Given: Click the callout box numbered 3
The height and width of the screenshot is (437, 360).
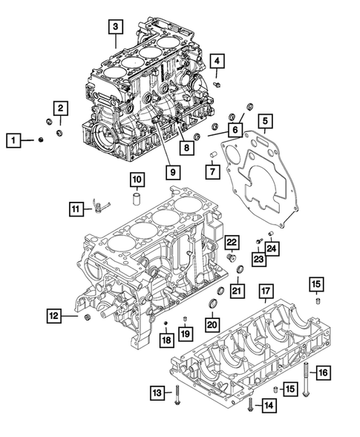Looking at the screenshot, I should (x=114, y=27).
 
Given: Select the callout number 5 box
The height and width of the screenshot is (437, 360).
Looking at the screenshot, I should (x=265, y=119).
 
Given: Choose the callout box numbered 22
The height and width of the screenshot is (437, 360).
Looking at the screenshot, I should (x=232, y=242).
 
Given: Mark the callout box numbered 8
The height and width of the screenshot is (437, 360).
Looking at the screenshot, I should (x=186, y=148).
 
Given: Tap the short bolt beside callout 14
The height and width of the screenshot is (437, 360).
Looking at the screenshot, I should (x=250, y=405).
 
